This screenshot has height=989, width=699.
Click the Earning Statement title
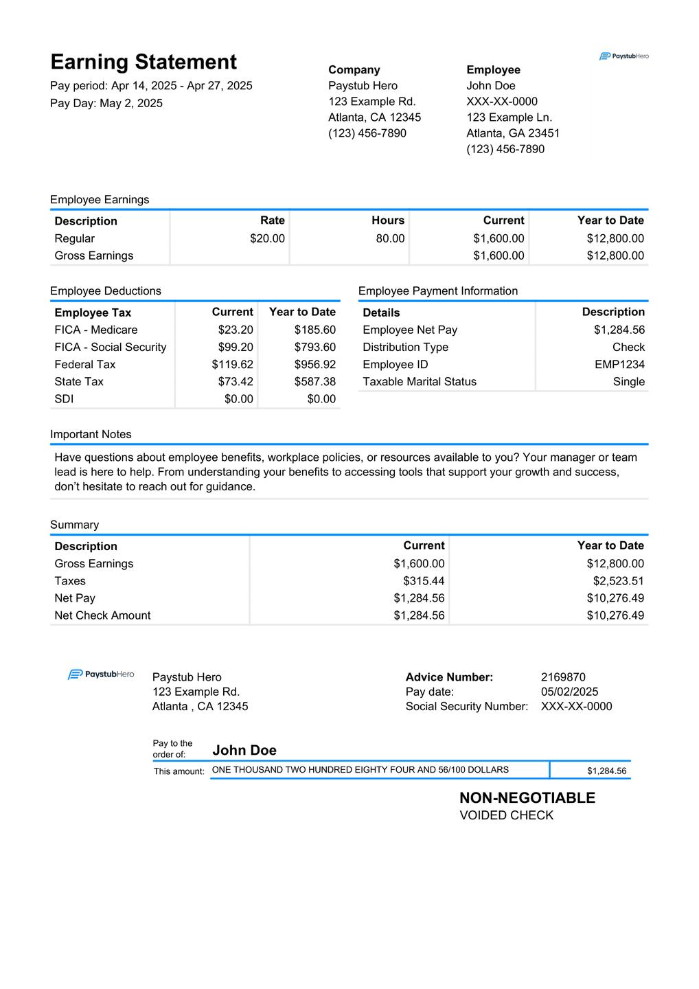[x=144, y=62]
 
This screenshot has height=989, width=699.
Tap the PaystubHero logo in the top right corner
[x=623, y=56]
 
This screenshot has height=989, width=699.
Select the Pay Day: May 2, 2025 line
[x=106, y=103]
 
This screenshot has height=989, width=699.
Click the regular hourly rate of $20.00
[x=267, y=238]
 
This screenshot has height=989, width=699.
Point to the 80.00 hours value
[x=390, y=238]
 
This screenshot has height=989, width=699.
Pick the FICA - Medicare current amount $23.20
[x=236, y=330]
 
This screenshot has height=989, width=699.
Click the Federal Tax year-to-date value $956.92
[x=315, y=364]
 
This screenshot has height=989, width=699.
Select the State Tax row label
[x=79, y=381]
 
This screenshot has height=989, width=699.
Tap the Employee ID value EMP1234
[x=619, y=364]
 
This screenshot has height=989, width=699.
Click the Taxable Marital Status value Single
[x=629, y=381]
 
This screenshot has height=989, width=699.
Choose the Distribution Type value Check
[x=628, y=347]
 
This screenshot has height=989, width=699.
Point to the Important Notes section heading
[x=91, y=434]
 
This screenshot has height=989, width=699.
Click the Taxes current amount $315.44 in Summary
[x=424, y=580]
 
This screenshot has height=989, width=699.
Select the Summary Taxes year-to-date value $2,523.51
[x=618, y=580]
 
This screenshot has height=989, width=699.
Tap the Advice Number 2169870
[x=563, y=677]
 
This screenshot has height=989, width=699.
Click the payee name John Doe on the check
[x=244, y=750]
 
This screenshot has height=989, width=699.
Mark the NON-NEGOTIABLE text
[x=527, y=797]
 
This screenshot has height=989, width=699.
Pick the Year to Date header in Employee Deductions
[x=302, y=312]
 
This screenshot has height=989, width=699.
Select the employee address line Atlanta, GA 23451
[x=513, y=133]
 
